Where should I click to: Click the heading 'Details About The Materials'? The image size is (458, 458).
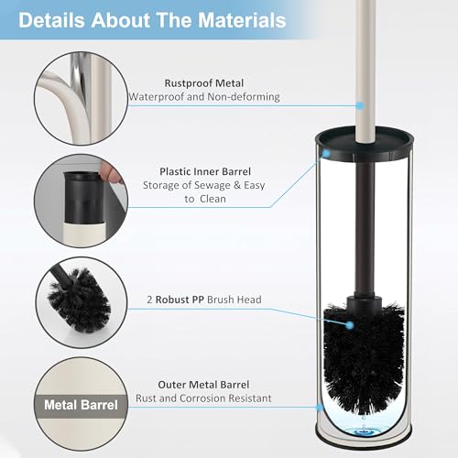pyautogui.click(x=152, y=20)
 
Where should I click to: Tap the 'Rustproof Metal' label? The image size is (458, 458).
pyautogui.click(x=204, y=83)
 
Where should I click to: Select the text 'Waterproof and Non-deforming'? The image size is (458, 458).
pyautogui.click(x=204, y=97)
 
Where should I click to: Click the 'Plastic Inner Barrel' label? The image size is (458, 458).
pyautogui.click(x=205, y=171)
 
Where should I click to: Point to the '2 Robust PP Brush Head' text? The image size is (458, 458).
pyautogui.click(x=204, y=300)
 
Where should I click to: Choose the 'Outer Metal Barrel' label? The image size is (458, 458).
pyautogui.click(x=203, y=385)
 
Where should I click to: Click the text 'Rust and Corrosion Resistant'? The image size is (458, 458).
pyautogui.click(x=203, y=398)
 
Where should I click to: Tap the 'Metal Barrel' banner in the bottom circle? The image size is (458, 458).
pyautogui.click(x=81, y=405)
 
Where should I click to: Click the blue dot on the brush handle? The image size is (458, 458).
pyautogui.click(x=361, y=105)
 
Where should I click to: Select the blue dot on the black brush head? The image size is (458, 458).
pyautogui.click(x=350, y=325)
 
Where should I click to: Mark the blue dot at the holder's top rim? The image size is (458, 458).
pyautogui.click(x=326, y=153)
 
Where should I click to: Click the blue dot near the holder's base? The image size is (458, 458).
pyautogui.click(x=320, y=407)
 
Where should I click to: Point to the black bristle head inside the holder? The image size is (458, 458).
pyautogui.click(x=364, y=357)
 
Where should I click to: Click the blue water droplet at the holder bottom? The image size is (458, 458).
pyautogui.click(x=363, y=431)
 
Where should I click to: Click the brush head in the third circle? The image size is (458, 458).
pyautogui.click(x=79, y=300)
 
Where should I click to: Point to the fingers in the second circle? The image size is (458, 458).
pyautogui.click(x=111, y=173)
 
